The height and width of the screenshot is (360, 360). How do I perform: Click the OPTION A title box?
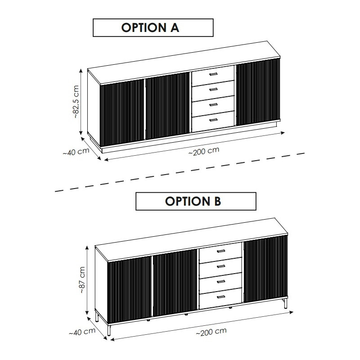(153, 27)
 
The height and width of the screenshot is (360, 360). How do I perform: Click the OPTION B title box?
(196, 201)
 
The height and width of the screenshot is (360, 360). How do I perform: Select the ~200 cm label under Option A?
(204, 151)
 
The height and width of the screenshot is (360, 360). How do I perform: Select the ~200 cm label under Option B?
(211, 332)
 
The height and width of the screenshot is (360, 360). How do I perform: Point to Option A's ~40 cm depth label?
(76, 152)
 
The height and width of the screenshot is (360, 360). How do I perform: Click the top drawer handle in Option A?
(213, 74)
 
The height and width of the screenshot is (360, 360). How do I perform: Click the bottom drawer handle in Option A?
(213, 119)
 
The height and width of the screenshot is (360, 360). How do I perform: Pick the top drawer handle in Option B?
(220, 251)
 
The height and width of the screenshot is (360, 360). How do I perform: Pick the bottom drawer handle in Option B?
(220, 297)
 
